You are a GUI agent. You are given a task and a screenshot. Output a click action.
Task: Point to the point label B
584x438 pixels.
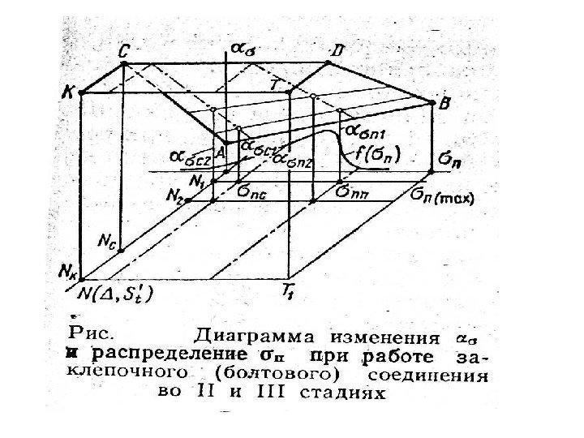(444, 103)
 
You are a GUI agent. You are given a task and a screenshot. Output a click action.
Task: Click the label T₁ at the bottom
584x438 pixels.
(289, 290)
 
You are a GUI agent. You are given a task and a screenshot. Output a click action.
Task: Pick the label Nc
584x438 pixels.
(106, 240)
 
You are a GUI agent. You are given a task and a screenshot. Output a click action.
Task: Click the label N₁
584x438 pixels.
(195, 182)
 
